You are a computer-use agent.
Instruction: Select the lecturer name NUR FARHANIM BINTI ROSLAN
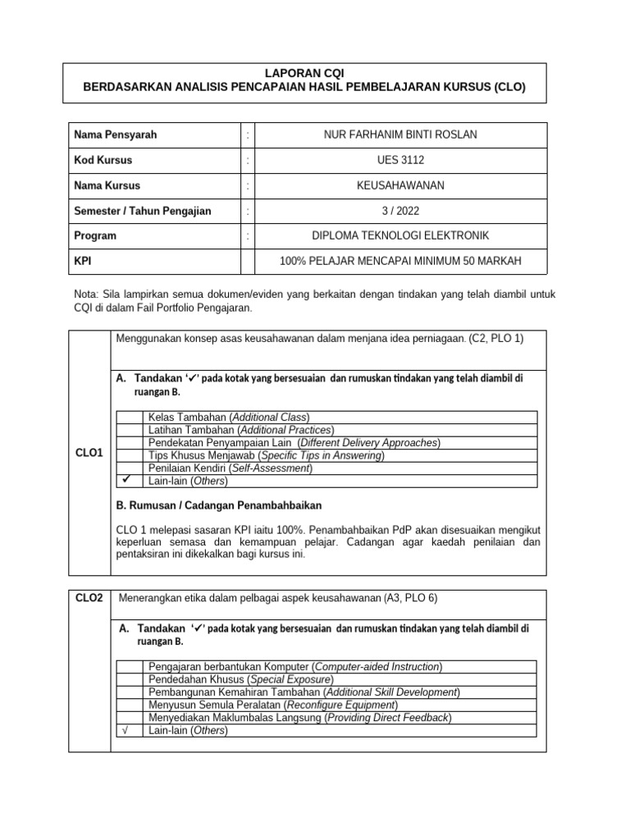400,135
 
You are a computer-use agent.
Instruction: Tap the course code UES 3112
400,160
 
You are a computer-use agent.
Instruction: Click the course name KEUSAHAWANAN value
400,185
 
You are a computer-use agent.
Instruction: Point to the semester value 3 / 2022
400,211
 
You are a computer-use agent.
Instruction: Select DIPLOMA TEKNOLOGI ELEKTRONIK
400,236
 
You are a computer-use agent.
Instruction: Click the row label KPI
83,262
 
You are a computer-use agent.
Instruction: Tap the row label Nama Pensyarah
116,135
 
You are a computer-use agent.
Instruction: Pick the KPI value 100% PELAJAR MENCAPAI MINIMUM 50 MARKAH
400,262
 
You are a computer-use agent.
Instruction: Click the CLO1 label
89,453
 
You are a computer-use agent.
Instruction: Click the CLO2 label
89,598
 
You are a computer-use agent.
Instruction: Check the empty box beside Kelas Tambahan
129,418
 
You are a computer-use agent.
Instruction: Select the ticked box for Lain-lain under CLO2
129,730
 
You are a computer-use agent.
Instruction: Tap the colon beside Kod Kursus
248,160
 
